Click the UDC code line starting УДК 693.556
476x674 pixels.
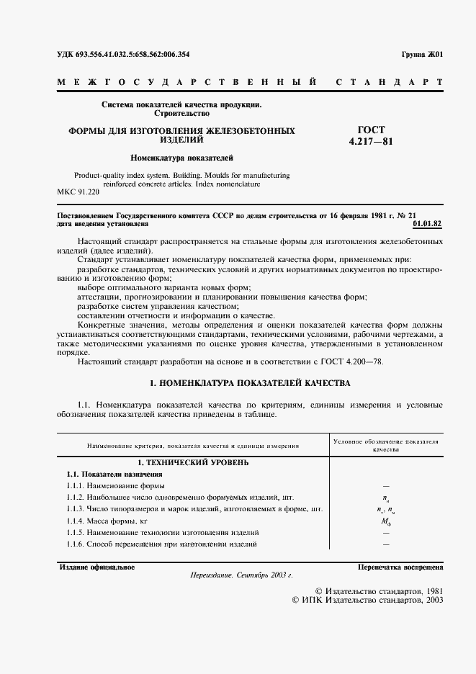pyautogui.click(x=123, y=55)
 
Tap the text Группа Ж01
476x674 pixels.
pyautogui.click(x=422, y=55)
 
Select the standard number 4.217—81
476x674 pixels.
pyautogui.click(x=371, y=142)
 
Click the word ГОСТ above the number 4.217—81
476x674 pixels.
pyautogui.click(x=371, y=130)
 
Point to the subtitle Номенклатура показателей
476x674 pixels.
pyautogui.click(x=181, y=157)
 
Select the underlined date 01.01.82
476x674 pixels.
pyautogui.click(x=428, y=224)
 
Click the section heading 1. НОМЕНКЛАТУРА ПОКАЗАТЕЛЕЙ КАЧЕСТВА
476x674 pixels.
pyautogui.click(x=249, y=383)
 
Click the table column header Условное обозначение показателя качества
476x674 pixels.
pyautogui.click(x=386, y=444)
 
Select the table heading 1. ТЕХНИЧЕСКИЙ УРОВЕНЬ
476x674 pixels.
pyautogui.click(x=193, y=462)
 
